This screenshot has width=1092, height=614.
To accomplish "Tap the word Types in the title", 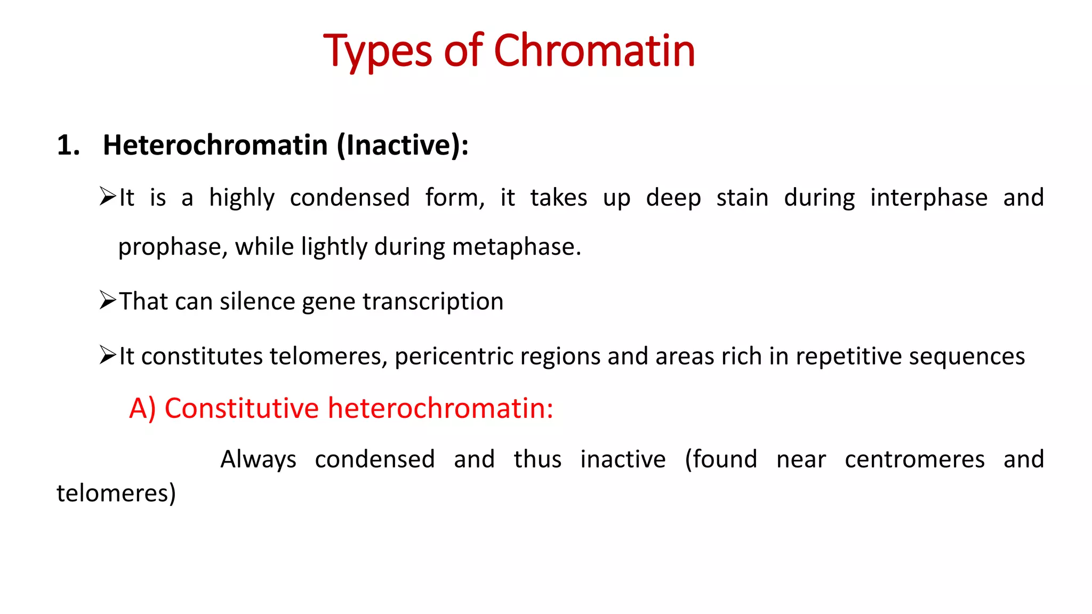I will pos(378,52).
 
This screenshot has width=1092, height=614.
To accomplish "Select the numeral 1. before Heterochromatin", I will pos(68,146).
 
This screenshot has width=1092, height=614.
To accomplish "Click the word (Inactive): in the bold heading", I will pos(403,146).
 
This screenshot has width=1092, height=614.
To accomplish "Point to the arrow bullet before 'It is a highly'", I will pos(107,197).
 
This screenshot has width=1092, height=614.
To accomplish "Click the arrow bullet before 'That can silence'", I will pos(107,301).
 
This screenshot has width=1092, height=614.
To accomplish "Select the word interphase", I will pos(928,198).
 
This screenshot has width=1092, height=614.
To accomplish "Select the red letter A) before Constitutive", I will pos(142,409).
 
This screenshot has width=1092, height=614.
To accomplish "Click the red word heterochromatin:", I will pos(440,409).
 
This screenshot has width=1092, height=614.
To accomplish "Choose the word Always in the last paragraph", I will pos(258,459).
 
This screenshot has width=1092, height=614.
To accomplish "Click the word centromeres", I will pos(914,459).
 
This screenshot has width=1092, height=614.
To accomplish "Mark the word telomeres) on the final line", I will pos(116,494).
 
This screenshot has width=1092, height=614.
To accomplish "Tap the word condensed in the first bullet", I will pos(349,198).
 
